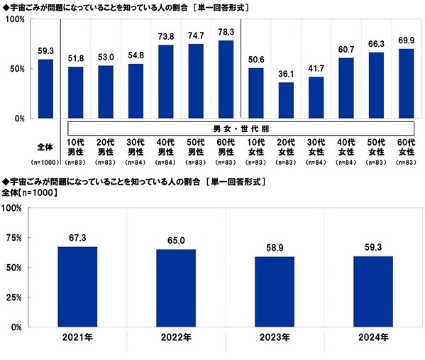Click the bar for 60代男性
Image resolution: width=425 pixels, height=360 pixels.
pos(226,79)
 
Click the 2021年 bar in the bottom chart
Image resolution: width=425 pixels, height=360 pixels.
pos(77,287)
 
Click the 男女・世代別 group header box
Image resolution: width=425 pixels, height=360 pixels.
pos(240,128)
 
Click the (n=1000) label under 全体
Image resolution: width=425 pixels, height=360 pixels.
pos(45,163)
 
